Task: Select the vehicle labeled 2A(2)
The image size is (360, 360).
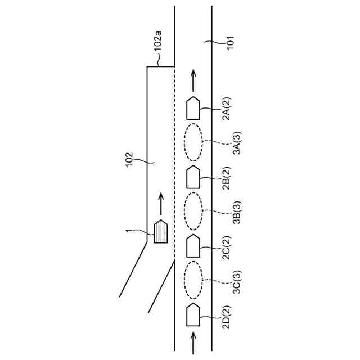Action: coord(193,107)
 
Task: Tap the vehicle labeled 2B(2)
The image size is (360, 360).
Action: coord(193,177)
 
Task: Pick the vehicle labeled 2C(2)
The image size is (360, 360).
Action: coord(193,245)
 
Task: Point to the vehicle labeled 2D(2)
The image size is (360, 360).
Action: coord(193,314)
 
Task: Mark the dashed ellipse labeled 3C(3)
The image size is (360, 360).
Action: coord(193,280)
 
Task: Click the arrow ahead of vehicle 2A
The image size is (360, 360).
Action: coord(193,80)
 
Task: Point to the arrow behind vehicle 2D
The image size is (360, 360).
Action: coord(193,341)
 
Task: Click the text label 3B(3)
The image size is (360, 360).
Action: coord(236,213)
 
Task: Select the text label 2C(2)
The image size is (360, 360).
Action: coord(226,247)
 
